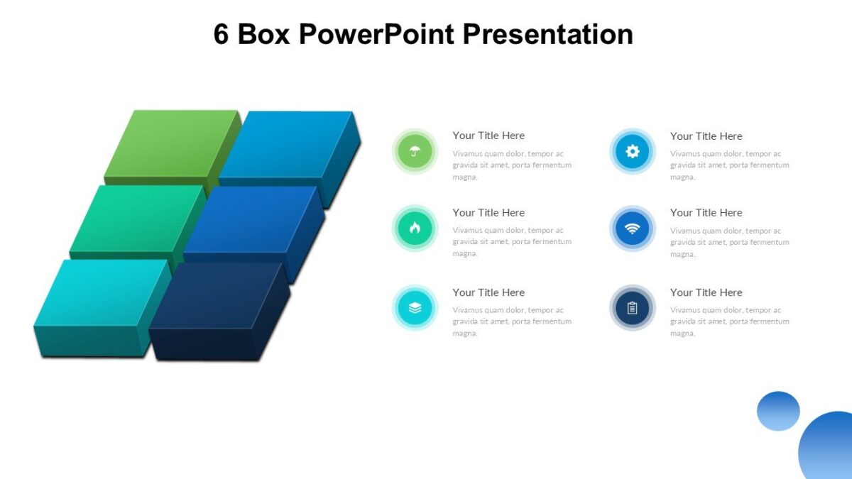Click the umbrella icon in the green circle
click(415, 151)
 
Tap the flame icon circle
click(415, 228)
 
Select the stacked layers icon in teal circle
click(415, 308)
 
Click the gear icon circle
click(632, 151)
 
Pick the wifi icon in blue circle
click(632, 229)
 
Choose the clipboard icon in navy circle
click(632, 308)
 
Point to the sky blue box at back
click(288, 142)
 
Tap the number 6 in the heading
click(221, 34)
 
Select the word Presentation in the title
click(547, 34)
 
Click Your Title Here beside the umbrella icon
click(488, 136)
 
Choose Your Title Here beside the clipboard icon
click(706, 292)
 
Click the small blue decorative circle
click(778, 411)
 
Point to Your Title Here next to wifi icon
click(706, 213)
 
